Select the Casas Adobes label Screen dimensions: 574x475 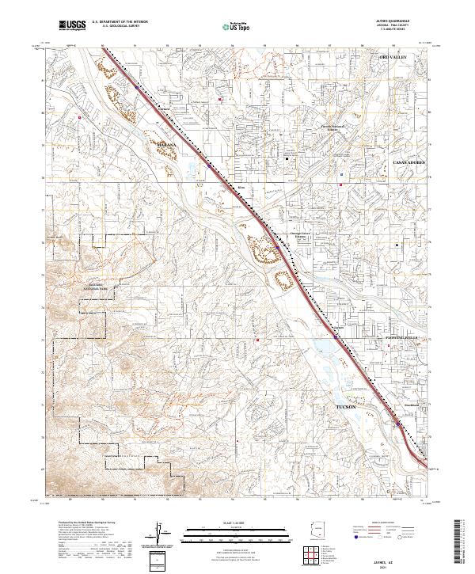click(x=410, y=161)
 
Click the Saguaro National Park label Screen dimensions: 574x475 click(x=101, y=287)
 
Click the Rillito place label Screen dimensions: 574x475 click(x=242, y=188)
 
